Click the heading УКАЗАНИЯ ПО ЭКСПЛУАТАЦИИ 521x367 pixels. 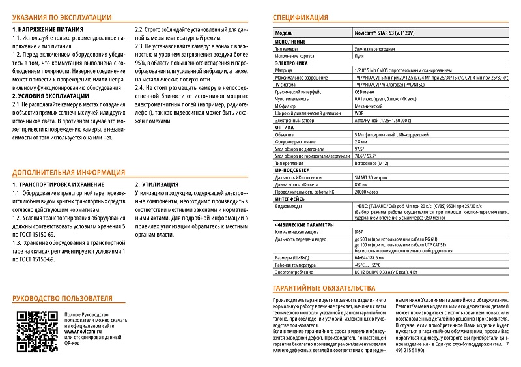point(62,18)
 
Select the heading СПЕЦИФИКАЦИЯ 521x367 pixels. point(300,18)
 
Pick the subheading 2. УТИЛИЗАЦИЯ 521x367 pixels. point(158,185)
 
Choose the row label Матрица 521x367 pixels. point(285,70)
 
